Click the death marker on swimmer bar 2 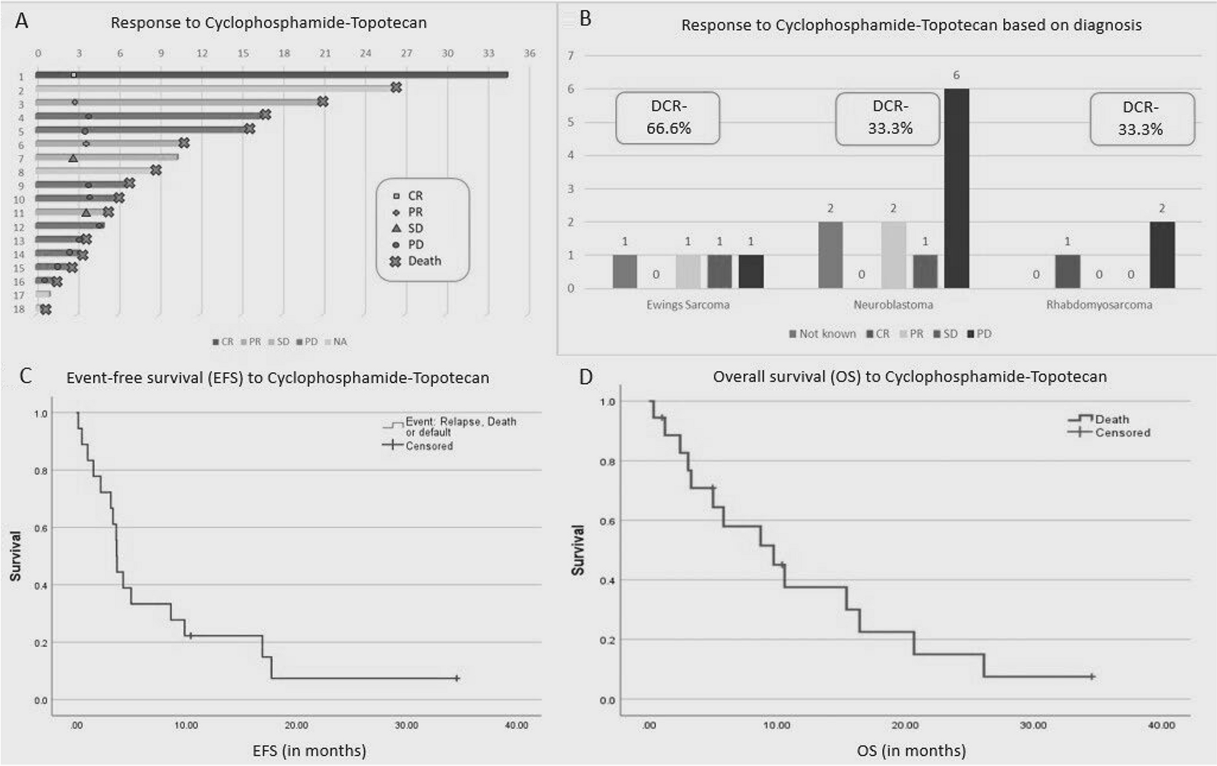tap(396, 88)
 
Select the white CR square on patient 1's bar tap(74, 75)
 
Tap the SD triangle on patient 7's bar tap(73, 158)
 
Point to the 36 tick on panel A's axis tap(529, 53)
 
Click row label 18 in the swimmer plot tap(19, 310)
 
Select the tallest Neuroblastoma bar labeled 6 tap(956, 188)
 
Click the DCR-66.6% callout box tap(668, 118)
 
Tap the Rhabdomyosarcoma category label tap(1099, 305)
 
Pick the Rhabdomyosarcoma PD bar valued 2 tap(1162, 255)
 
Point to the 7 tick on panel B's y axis tap(571, 56)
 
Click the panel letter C tap(25, 376)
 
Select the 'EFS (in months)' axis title tap(309, 750)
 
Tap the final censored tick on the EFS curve tap(457, 678)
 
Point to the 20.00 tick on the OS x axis tap(905, 725)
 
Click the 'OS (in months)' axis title tap(911, 750)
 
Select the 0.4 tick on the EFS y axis tap(41, 585)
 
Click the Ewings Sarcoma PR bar tap(688, 272)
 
